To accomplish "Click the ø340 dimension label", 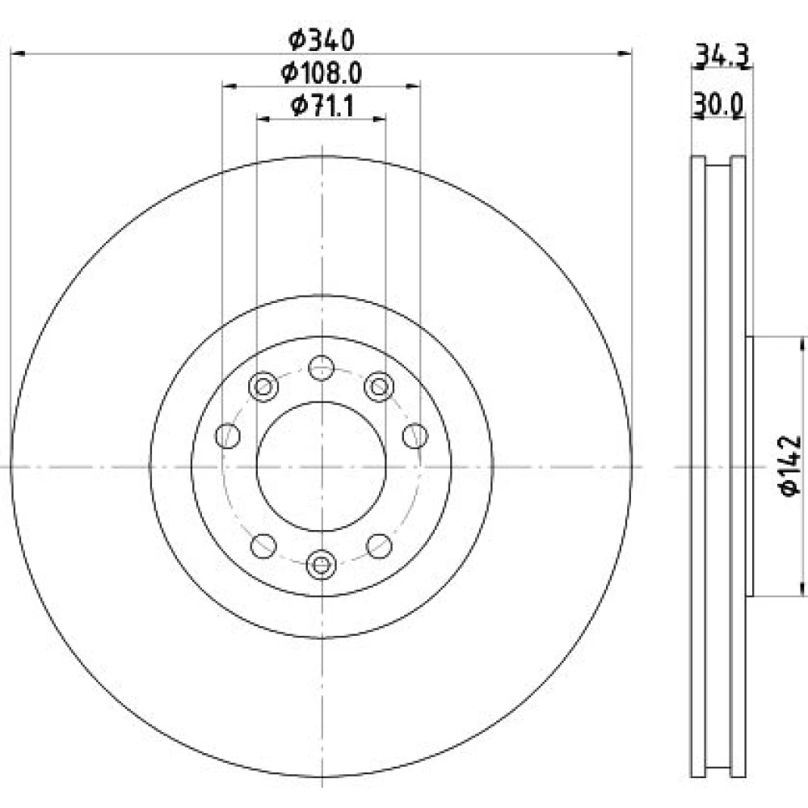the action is [322, 40].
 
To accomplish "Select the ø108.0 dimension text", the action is [322, 74].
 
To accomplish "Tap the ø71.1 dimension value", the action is [322, 106].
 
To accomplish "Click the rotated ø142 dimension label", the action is [790, 466].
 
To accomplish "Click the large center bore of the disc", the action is [321, 466].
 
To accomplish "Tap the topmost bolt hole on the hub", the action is [321, 368].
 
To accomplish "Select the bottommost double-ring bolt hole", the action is [321, 565].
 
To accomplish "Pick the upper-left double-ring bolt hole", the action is [263, 386].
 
